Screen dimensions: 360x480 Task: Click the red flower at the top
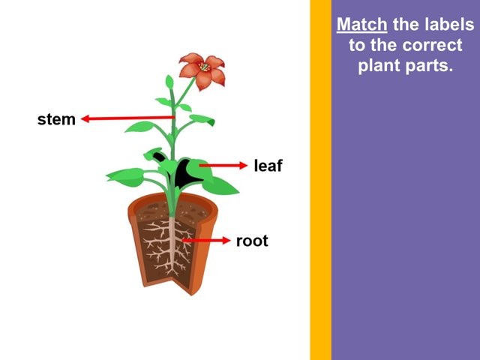point(202,70)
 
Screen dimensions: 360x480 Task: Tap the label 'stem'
point(56,119)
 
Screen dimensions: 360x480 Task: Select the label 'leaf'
point(268,166)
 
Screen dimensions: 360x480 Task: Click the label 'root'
point(252,241)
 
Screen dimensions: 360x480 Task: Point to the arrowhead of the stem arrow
point(85,118)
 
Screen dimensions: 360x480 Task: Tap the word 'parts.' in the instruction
point(429,64)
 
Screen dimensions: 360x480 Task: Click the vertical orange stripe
point(320,180)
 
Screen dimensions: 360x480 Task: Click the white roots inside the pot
point(175,247)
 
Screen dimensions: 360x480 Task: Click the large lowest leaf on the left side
point(124,177)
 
